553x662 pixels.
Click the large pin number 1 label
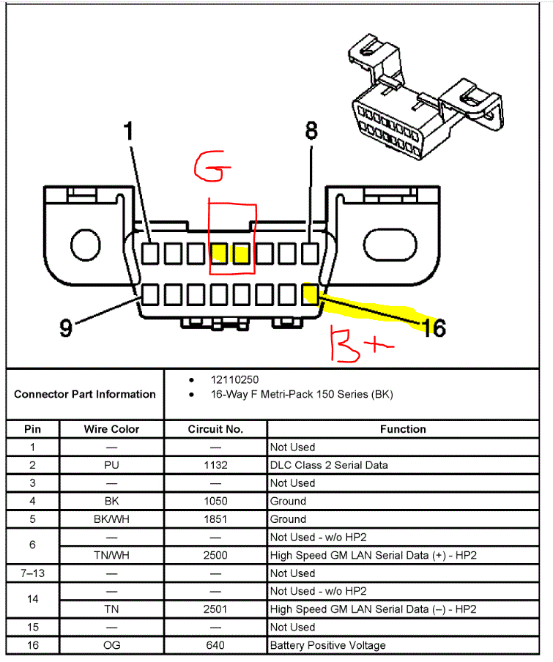coord(129,133)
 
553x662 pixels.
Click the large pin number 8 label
coord(312,132)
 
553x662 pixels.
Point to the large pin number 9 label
coord(66,329)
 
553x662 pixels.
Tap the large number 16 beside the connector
coord(433,328)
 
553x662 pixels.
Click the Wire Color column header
coord(111,429)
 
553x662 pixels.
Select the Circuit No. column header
coord(215,429)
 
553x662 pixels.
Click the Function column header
coord(402,429)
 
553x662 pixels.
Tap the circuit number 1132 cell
coord(215,465)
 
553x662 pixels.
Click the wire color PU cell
coord(111,465)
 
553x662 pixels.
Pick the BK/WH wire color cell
coord(111,519)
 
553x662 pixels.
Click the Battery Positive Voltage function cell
coord(327,645)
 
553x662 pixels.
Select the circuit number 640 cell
coord(215,645)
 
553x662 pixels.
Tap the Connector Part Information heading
coord(85,394)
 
